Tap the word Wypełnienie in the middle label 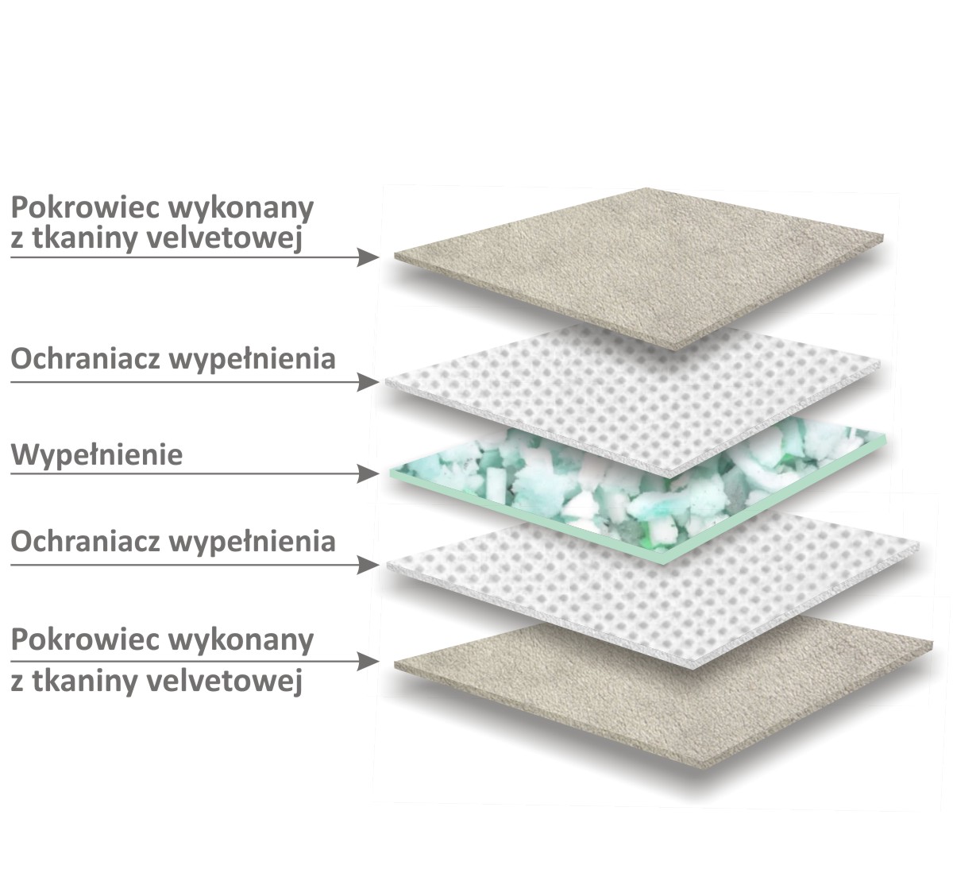pyautogui.click(x=97, y=456)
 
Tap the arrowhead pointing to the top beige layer pyautogui.click(x=368, y=257)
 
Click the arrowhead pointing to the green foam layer pyautogui.click(x=368, y=474)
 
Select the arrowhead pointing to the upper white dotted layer pyautogui.click(x=368, y=382)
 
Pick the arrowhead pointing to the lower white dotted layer pyautogui.click(x=368, y=565)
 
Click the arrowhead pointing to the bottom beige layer pyautogui.click(x=368, y=661)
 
